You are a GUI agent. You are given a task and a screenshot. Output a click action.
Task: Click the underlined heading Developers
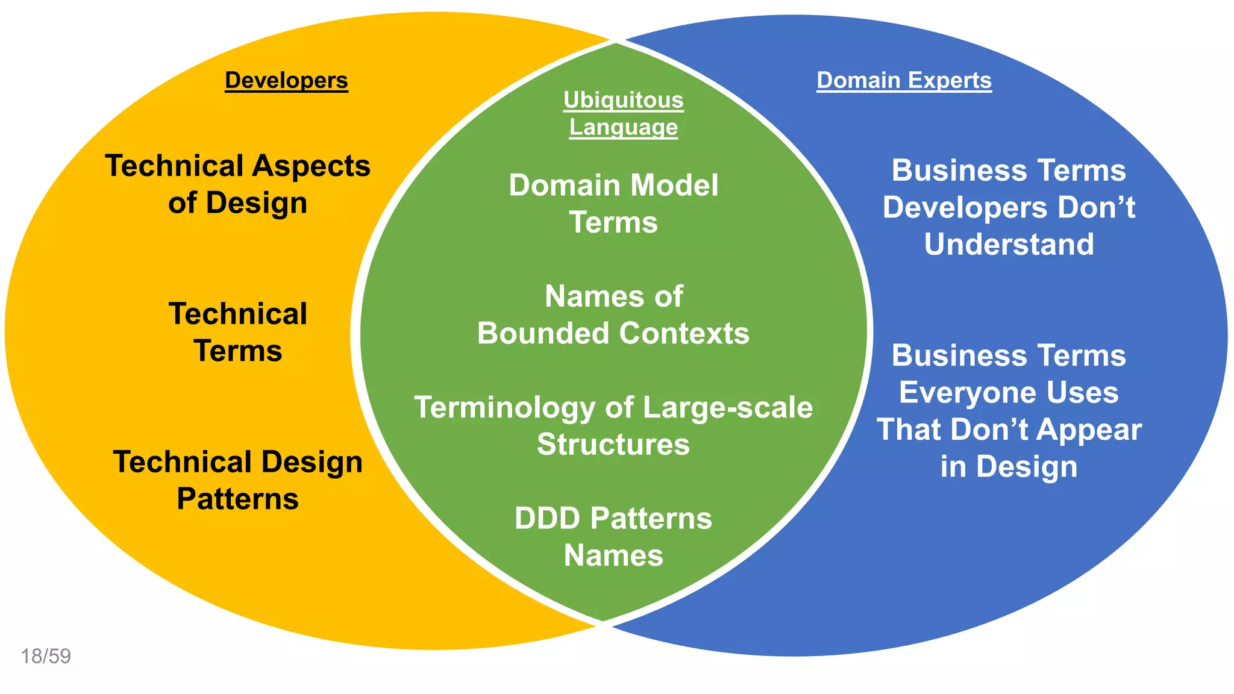click(x=286, y=80)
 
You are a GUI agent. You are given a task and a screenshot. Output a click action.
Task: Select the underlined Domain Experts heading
click(x=904, y=80)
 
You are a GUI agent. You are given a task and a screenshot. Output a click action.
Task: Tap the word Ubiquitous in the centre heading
click(x=623, y=100)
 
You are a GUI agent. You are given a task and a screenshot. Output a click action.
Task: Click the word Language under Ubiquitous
click(x=623, y=128)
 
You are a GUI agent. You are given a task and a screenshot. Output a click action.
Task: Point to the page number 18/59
click(x=46, y=656)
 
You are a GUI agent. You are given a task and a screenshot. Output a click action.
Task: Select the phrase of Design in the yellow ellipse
click(x=237, y=203)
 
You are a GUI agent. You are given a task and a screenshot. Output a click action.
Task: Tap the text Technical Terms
click(x=237, y=332)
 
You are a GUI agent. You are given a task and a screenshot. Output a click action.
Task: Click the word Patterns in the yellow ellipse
click(x=237, y=499)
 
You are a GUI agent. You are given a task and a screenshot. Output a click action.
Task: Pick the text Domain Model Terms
click(x=613, y=204)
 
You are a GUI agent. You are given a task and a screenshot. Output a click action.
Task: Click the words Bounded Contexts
click(x=613, y=333)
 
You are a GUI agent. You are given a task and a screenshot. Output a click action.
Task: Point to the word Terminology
click(x=504, y=408)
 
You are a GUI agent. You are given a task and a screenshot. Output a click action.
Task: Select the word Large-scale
click(x=728, y=408)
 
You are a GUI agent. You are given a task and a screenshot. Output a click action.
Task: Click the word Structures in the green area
click(x=613, y=445)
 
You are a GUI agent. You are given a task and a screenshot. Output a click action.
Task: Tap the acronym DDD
click(x=547, y=519)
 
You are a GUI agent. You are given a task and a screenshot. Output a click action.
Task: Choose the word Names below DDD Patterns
click(x=613, y=555)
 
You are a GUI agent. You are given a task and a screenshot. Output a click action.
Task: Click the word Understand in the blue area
click(x=1009, y=245)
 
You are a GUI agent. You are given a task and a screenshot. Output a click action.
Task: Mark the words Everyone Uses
click(x=1009, y=393)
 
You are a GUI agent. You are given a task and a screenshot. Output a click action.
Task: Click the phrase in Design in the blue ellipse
click(x=1009, y=467)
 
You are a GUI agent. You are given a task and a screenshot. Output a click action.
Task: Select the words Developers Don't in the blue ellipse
click(x=1009, y=208)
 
